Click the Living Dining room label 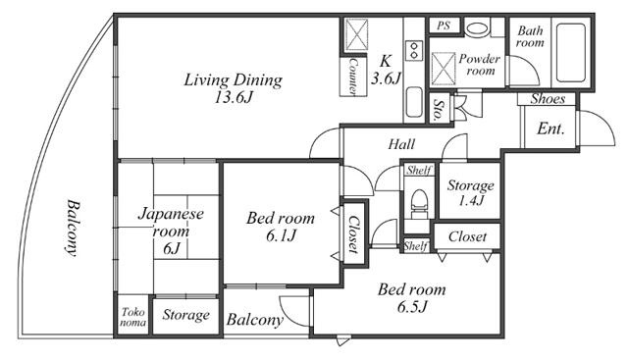pyautogui.click(x=233, y=80)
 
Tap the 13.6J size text pyautogui.click(x=233, y=97)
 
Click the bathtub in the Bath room pyautogui.click(x=571, y=53)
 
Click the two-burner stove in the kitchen pyautogui.click(x=414, y=50)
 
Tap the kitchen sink pyautogui.click(x=414, y=101)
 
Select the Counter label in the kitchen pyautogui.click(x=353, y=77)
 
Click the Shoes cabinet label pyautogui.click(x=548, y=99)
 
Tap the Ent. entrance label pyautogui.click(x=550, y=129)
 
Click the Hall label pyautogui.click(x=401, y=144)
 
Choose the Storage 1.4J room pyautogui.click(x=470, y=192)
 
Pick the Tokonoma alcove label pyautogui.click(x=133, y=317)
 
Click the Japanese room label pyautogui.click(x=171, y=231)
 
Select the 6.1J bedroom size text pyautogui.click(x=281, y=235)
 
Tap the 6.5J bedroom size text pyautogui.click(x=412, y=307)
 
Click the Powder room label pyautogui.click(x=479, y=65)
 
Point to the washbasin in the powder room pyautogui.click(x=478, y=28)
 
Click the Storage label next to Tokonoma pyautogui.click(x=185, y=315)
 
